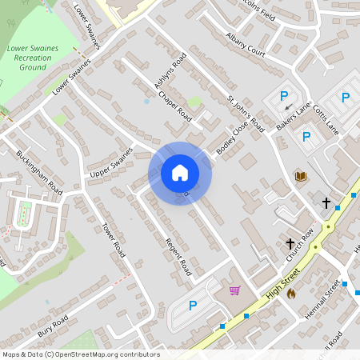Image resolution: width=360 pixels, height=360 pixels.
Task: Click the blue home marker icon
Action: (180, 172)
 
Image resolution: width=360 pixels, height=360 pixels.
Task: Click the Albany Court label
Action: (246, 50)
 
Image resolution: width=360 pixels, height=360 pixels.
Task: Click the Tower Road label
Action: (114, 239)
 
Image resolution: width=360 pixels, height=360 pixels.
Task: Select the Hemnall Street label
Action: (322, 299)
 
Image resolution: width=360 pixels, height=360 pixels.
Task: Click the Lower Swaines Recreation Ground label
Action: (33, 58)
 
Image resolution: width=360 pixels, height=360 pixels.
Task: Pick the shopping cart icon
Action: (234, 290)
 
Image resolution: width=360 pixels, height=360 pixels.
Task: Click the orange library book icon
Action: (301, 176)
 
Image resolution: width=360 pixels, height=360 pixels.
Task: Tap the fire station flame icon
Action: (290, 294)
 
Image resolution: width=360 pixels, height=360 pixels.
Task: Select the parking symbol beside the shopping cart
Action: (192, 305)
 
